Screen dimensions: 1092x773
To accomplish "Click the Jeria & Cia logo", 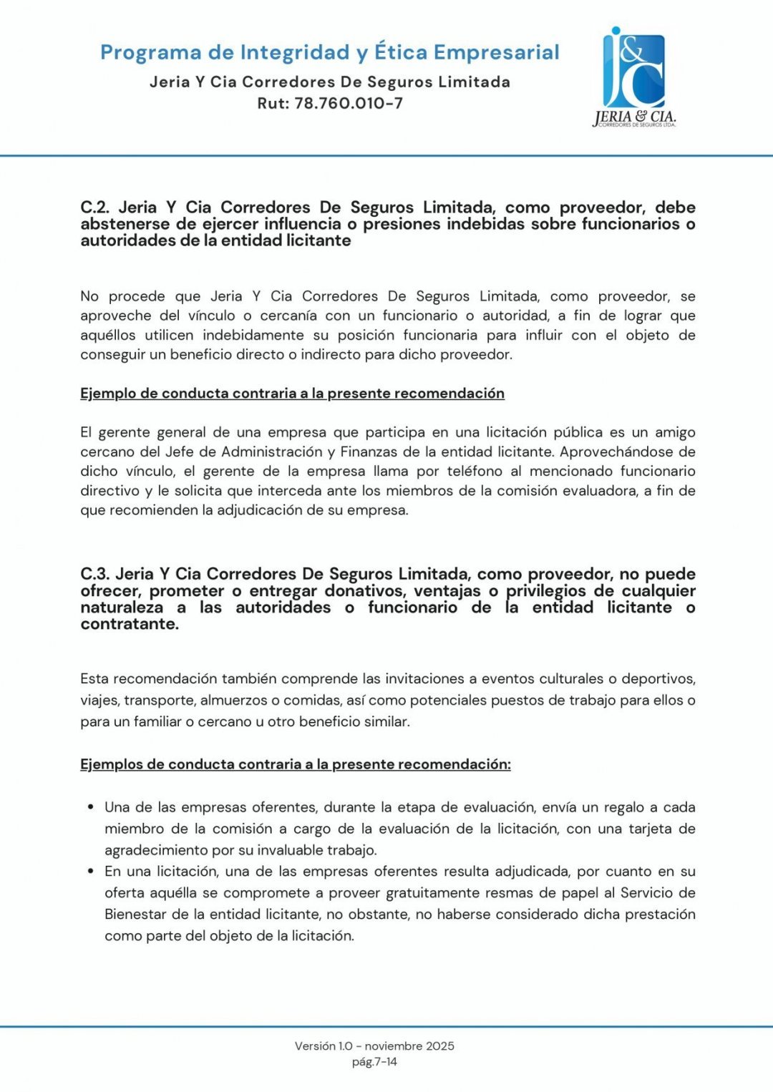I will coord(634,78).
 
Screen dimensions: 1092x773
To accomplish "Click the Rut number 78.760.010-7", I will coord(349,103).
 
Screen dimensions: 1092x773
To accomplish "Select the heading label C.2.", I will coord(94,208).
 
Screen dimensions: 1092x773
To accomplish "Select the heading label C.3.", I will coord(94,574).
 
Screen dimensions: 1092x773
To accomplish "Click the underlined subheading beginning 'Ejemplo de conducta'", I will coord(292,393).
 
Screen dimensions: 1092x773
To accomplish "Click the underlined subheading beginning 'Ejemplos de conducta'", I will coord(295,764).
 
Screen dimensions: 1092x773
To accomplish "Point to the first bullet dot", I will coord(91,807).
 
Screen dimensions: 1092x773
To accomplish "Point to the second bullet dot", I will coord(91,872).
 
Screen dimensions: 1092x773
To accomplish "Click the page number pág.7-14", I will coord(374,1062).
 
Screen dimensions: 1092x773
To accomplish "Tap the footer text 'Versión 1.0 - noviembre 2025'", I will coord(374,1045).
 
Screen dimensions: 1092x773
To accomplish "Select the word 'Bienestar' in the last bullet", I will coord(135,914).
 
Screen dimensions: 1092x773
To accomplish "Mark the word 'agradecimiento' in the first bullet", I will coord(156,850).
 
